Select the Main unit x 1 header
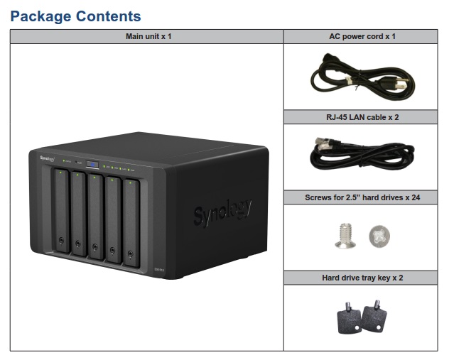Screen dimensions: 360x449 pos(147,36)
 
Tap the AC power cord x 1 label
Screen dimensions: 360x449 pos(362,36)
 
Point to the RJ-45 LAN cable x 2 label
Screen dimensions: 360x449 pos(362,117)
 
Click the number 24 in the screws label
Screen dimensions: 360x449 pos(416,197)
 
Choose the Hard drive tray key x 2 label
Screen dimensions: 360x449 pos(362,278)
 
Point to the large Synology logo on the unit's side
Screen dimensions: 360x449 pos(222,211)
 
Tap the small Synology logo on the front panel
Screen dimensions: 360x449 pos(48,160)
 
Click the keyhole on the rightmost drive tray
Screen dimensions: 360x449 pos(130,253)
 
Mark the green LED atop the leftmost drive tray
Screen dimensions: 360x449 pos(63,173)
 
